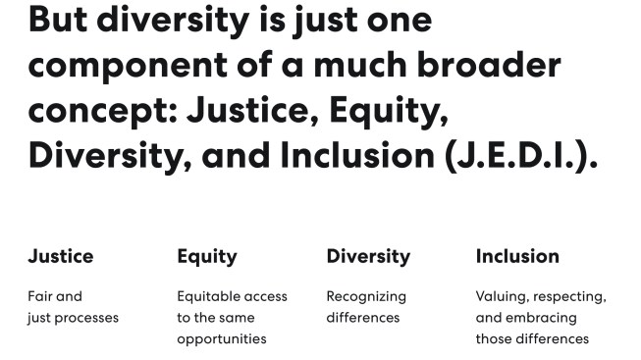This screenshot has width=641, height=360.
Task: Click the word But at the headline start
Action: click(x=62, y=21)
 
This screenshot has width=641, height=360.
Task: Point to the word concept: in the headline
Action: click(x=98, y=111)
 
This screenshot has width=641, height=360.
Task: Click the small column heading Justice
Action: click(x=61, y=257)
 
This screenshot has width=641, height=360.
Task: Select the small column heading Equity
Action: click(x=207, y=257)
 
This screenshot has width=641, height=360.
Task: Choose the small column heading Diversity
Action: click(x=368, y=257)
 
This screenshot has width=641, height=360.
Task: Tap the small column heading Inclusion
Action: click(x=517, y=257)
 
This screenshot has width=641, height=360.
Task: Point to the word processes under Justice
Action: click(x=87, y=318)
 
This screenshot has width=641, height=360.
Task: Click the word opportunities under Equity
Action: click(x=222, y=339)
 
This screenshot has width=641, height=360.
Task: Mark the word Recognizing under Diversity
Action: click(x=366, y=296)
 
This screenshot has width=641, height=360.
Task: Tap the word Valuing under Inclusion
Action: click(x=501, y=296)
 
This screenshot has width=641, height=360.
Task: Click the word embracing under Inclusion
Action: click(x=540, y=318)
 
